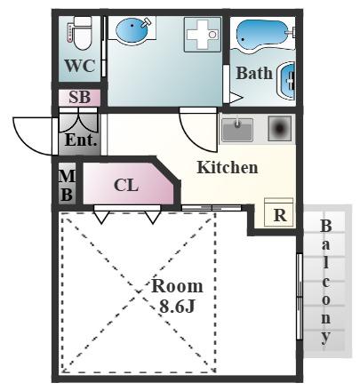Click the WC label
80,66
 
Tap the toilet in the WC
82,33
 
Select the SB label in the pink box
80,97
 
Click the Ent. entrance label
81,140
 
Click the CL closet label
126,185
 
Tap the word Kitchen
228,167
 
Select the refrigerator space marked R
279,212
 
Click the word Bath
254,73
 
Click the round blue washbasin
132,28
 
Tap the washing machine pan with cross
203,35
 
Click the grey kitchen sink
237,129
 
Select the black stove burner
280,128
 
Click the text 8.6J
177,307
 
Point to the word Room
177,286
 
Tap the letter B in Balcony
326,227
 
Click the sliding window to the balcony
300,296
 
